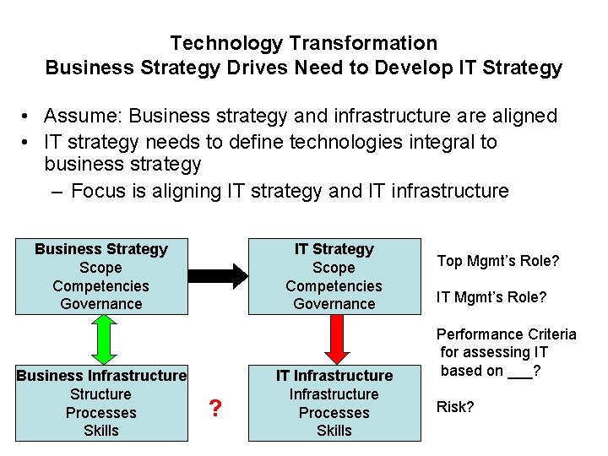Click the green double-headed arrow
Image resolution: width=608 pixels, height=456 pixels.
point(101,339)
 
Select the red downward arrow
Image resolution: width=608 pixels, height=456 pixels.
point(334,339)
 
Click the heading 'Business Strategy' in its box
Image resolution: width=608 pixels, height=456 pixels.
point(101,249)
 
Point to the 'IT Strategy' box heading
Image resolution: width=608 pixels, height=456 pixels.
point(334,249)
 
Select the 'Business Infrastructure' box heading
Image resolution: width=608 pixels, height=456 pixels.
point(101,375)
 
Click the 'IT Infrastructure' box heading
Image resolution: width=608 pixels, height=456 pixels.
point(334,375)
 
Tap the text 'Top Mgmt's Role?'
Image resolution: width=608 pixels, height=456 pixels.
point(497,261)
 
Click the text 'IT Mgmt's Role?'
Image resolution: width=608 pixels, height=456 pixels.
point(491,297)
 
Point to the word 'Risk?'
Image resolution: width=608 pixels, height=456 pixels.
point(455,407)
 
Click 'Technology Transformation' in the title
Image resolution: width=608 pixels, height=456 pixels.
point(303,43)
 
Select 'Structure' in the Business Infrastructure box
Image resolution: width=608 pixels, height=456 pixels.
point(101,394)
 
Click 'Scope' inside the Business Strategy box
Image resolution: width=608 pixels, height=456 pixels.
point(101,268)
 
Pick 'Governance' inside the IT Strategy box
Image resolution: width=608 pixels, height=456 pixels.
point(334,304)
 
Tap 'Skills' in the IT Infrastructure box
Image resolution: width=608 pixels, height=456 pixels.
point(334,431)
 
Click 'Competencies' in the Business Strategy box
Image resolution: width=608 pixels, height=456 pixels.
point(101,286)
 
